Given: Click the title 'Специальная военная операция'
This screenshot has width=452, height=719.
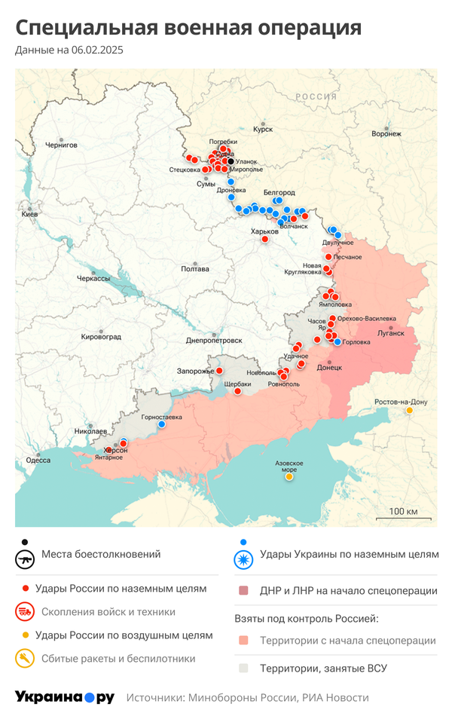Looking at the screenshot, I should (188, 28).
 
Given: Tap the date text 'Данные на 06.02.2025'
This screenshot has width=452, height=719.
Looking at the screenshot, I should (69, 50).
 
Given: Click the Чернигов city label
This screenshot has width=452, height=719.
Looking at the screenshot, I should (61, 145).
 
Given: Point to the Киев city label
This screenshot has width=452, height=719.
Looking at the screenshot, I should (30, 215).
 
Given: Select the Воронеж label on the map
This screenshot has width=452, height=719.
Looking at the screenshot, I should (386, 134).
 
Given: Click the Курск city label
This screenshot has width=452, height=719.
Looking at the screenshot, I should (262, 130).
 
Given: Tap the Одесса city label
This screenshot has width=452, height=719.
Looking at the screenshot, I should (38, 460).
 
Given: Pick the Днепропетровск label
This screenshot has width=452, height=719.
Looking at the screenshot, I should (214, 341).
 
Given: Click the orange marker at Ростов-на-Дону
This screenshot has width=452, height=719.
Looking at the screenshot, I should (409, 411).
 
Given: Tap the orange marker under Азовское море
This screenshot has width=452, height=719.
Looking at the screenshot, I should (289, 476).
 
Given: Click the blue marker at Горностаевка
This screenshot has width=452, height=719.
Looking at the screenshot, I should (161, 424).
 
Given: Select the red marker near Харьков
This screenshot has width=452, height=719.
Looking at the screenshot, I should (265, 239).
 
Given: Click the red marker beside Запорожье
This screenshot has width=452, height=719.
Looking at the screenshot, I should (219, 371).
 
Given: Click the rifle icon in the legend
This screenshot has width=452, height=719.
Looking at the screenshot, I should (26, 560).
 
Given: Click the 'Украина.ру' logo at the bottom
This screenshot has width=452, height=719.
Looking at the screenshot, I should (65, 697).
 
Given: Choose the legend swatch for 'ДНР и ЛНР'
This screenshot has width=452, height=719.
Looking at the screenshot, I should (243, 591).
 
